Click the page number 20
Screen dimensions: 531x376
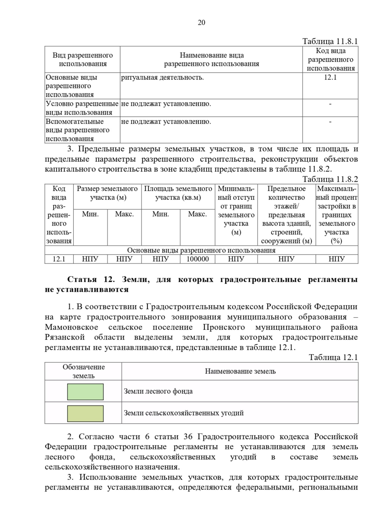point(201,23)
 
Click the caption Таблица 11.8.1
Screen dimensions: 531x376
point(330,41)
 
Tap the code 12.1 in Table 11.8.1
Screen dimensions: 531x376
point(330,78)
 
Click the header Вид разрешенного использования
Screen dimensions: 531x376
point(83,59)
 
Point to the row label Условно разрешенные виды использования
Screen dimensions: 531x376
point(82,108)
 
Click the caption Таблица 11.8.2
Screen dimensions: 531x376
point(330,179)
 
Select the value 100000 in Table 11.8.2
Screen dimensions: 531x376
point(197,259)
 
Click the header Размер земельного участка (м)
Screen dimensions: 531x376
point(107,193)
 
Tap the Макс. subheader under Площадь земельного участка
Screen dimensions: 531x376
point(197,214)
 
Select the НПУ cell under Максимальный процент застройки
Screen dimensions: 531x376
point(337,259)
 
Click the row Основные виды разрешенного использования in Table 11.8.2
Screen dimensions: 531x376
point(201,250)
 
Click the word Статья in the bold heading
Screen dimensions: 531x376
point(80,279)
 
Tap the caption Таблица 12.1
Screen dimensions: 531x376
point(333,357)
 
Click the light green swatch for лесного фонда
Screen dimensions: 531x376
point(85,392)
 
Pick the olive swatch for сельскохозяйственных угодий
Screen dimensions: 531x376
point(85,413)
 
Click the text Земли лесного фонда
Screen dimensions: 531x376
point(158,391)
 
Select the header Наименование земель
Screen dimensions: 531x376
point(240,371)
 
